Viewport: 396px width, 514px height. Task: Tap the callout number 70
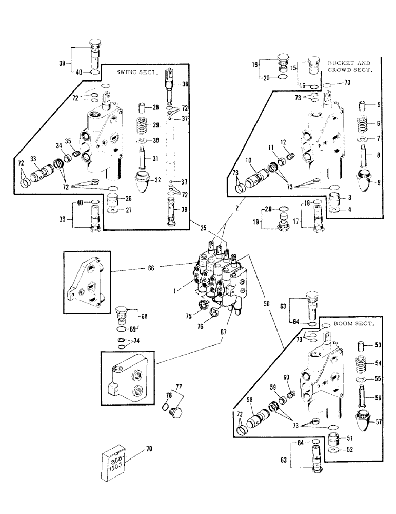[x=149, y=449]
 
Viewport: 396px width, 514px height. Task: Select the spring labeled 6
[x=364, y=124]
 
